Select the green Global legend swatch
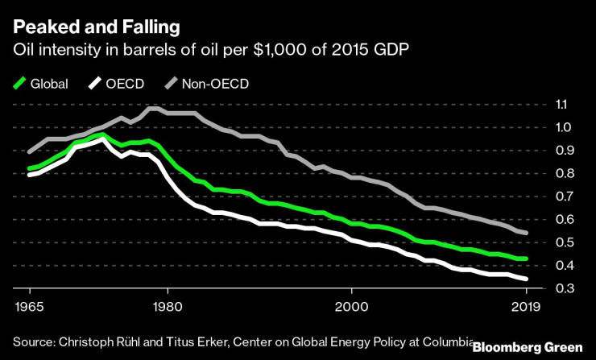[21, 82]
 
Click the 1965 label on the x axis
[28, 307]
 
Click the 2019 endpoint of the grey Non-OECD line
[527, 233]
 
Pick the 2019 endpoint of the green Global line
[527, 259]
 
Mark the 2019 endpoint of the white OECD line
[527, 279]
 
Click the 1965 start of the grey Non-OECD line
[28, 151]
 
